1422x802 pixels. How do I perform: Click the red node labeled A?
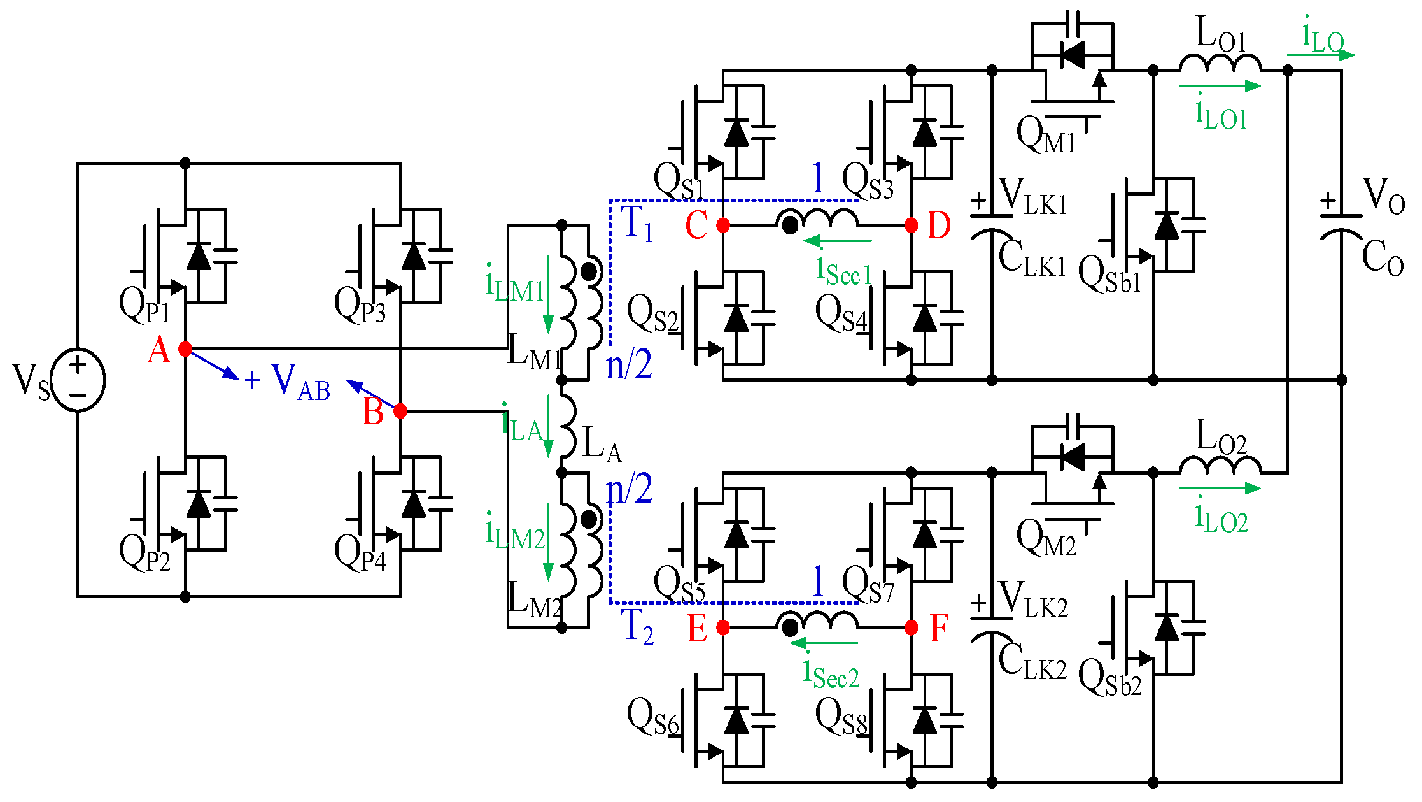coord(185,349)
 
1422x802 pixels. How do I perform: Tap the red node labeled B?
coord(400,411)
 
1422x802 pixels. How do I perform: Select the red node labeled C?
coord(723,225)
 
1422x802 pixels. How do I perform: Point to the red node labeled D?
coord(911,225)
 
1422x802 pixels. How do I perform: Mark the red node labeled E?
coord(723,627)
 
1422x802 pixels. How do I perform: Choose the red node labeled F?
coord(911,627)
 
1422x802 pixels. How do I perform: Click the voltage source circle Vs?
coord(78,380)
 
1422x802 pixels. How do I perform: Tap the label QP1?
coord(145,306)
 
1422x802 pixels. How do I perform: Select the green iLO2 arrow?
coord(1220,489)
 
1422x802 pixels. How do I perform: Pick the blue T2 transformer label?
coord(637,627)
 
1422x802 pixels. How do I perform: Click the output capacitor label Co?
coord(1383,258)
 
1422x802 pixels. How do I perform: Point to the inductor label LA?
coord(602,444)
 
